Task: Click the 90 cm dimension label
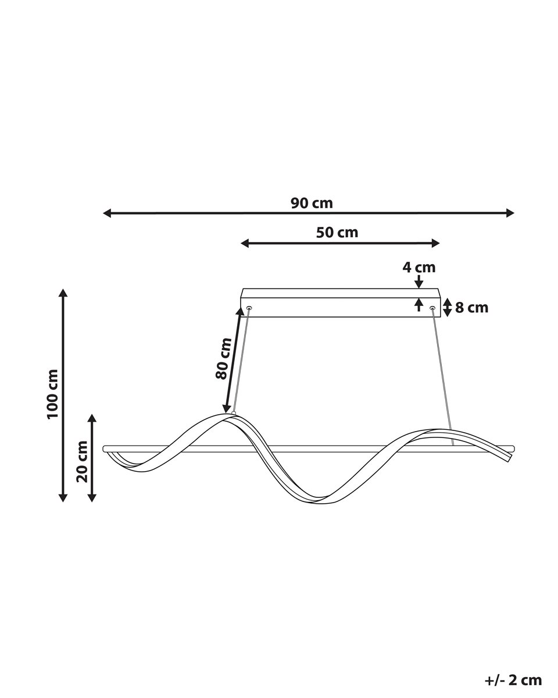point(312,204)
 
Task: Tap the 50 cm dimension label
point(337,233)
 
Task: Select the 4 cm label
point(419,268)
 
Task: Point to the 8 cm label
point(471,308)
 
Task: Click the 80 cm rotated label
point(223,358)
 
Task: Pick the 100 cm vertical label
point(52,394)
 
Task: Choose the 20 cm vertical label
point(82,461)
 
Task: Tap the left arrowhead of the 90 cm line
point(107,213)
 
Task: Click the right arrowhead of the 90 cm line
point(510,213)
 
